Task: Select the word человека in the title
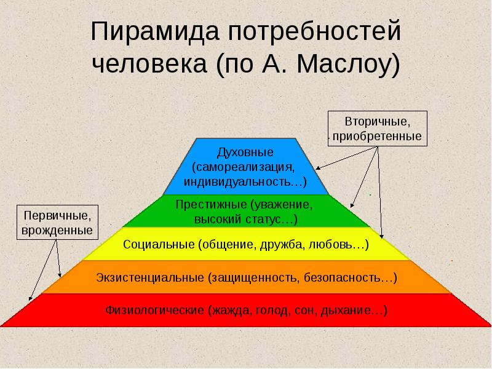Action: tap(148, 64)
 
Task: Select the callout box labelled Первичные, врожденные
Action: tap(57, 223)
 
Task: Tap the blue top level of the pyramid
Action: tap(246, 166)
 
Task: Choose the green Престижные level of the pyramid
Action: tap(246, 211)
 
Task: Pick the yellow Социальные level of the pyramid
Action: tap(246, 244)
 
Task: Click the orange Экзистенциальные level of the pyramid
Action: tap(246, 277)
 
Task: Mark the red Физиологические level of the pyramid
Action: tap(246, 311)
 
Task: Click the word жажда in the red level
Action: tap(229, 311)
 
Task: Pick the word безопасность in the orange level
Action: tap(349, 277)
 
